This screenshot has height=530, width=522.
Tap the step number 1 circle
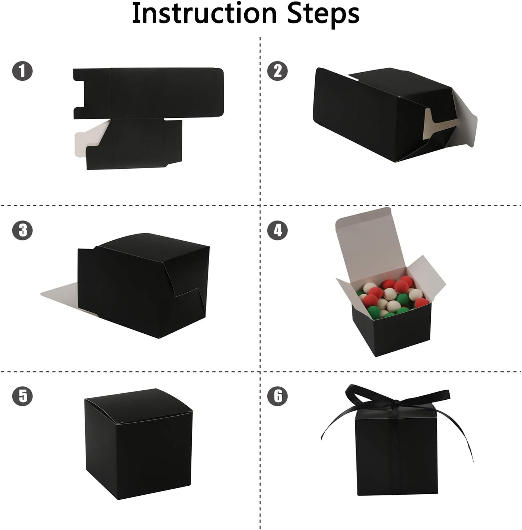(x=22, y=71)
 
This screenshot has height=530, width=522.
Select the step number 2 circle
(x=278, y=71)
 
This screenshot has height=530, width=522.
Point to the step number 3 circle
(x=22, y=230)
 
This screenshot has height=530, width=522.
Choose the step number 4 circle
(x=278, y=230)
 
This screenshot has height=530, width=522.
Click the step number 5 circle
(x=22, y=396)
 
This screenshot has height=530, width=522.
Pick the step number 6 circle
(x=278, y=396)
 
